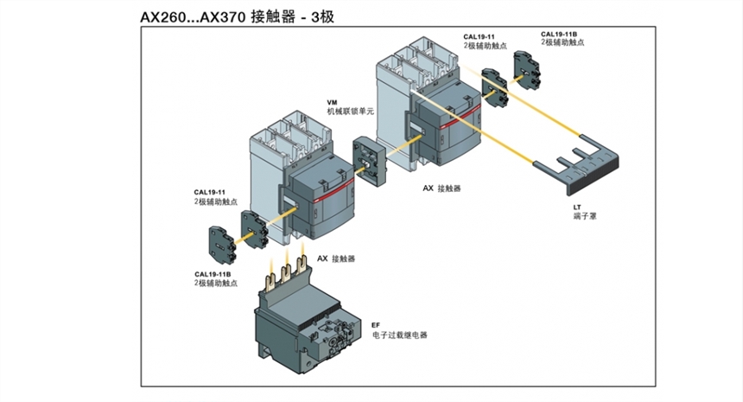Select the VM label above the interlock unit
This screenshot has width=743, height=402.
(x=333, y=102)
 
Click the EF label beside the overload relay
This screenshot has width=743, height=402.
(x=376, y=324)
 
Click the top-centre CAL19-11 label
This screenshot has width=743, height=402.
(x=479, y=36)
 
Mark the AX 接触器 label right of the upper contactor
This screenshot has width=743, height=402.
(x=441, y=188)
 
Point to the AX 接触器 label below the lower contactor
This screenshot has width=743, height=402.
(x=336, y=258)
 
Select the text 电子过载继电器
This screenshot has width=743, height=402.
(x=400, y=335)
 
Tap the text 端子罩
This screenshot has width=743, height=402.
(x=584, y=216)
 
